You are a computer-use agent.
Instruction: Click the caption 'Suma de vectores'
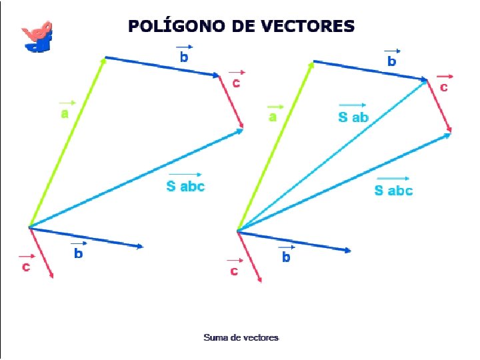(x=241, y=337)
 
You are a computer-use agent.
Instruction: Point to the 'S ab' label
(x=353, y=117)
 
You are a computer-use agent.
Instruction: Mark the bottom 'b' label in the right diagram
(x=286, y=256)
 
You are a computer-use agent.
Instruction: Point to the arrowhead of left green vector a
(x=104, y=61)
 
